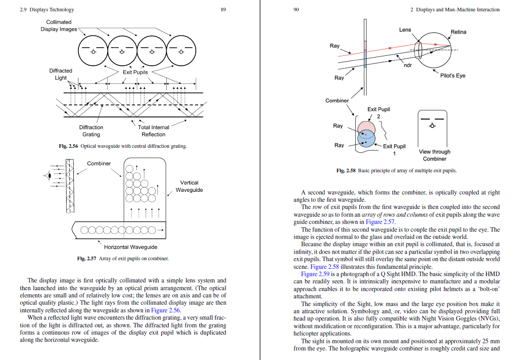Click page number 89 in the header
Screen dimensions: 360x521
pos(223,10)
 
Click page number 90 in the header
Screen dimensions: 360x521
pos(297,10)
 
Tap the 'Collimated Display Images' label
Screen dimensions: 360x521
pos(59,26)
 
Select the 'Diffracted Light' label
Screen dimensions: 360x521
pos(61,74)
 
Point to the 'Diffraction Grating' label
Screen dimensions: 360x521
pos(91,131)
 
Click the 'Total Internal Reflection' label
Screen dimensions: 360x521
pos(154,131)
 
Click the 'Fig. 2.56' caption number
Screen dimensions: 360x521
pos(69,146)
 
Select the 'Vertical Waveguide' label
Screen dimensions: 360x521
pos(189,186)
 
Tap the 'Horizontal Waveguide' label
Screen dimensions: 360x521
pos(130,247)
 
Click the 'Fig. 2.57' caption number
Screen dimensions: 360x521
pos(87,258)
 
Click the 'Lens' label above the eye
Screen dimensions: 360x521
pos(405,30)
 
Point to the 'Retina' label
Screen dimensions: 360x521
pos(458,32)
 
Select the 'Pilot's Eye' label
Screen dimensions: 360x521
pos(453,76)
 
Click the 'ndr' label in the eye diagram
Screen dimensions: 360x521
pos(408,66)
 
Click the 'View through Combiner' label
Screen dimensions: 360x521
pos(434,155)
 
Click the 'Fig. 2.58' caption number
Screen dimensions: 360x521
pos(346,171)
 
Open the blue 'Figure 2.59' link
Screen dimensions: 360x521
pos(315,274)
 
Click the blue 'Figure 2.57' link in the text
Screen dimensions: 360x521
pos(380,222)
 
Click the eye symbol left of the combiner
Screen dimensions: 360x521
pos(47,175)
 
